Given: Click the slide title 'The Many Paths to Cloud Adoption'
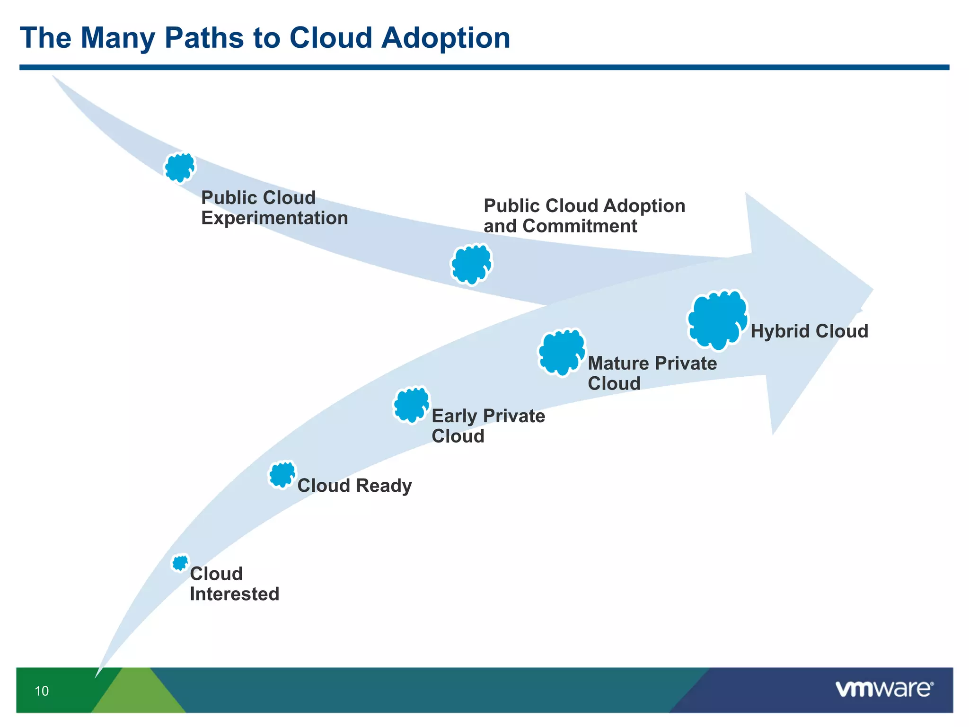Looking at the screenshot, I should [265, 38].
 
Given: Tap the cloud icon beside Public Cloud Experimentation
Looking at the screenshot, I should [179, 168].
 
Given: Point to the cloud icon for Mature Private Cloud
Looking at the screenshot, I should [562, 352].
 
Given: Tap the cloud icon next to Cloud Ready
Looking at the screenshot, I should [282, 474].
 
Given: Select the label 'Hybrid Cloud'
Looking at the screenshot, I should [809, 331].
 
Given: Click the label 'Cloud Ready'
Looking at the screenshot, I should [354, 486].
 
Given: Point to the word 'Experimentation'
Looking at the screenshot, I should [274, 218].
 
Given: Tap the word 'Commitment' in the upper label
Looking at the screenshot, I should [580, 226].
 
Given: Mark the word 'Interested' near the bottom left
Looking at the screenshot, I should [234, 594].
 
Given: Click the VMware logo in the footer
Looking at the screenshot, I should [884, 689].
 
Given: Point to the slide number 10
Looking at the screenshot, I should [42, 692].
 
